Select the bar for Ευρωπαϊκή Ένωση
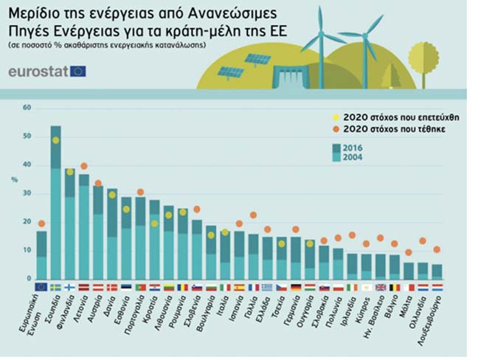pos(41,255)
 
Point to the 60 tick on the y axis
pos(27,108)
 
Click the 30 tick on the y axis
pos(27,193)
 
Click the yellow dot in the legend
pos(337,117)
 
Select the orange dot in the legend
pos(337,129)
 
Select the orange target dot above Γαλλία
pos(253,215)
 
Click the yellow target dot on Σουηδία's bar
pos(55,140)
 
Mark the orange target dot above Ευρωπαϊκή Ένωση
pos(41,224)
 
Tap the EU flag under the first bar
pos(41,287)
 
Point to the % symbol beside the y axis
pos(14,179)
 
